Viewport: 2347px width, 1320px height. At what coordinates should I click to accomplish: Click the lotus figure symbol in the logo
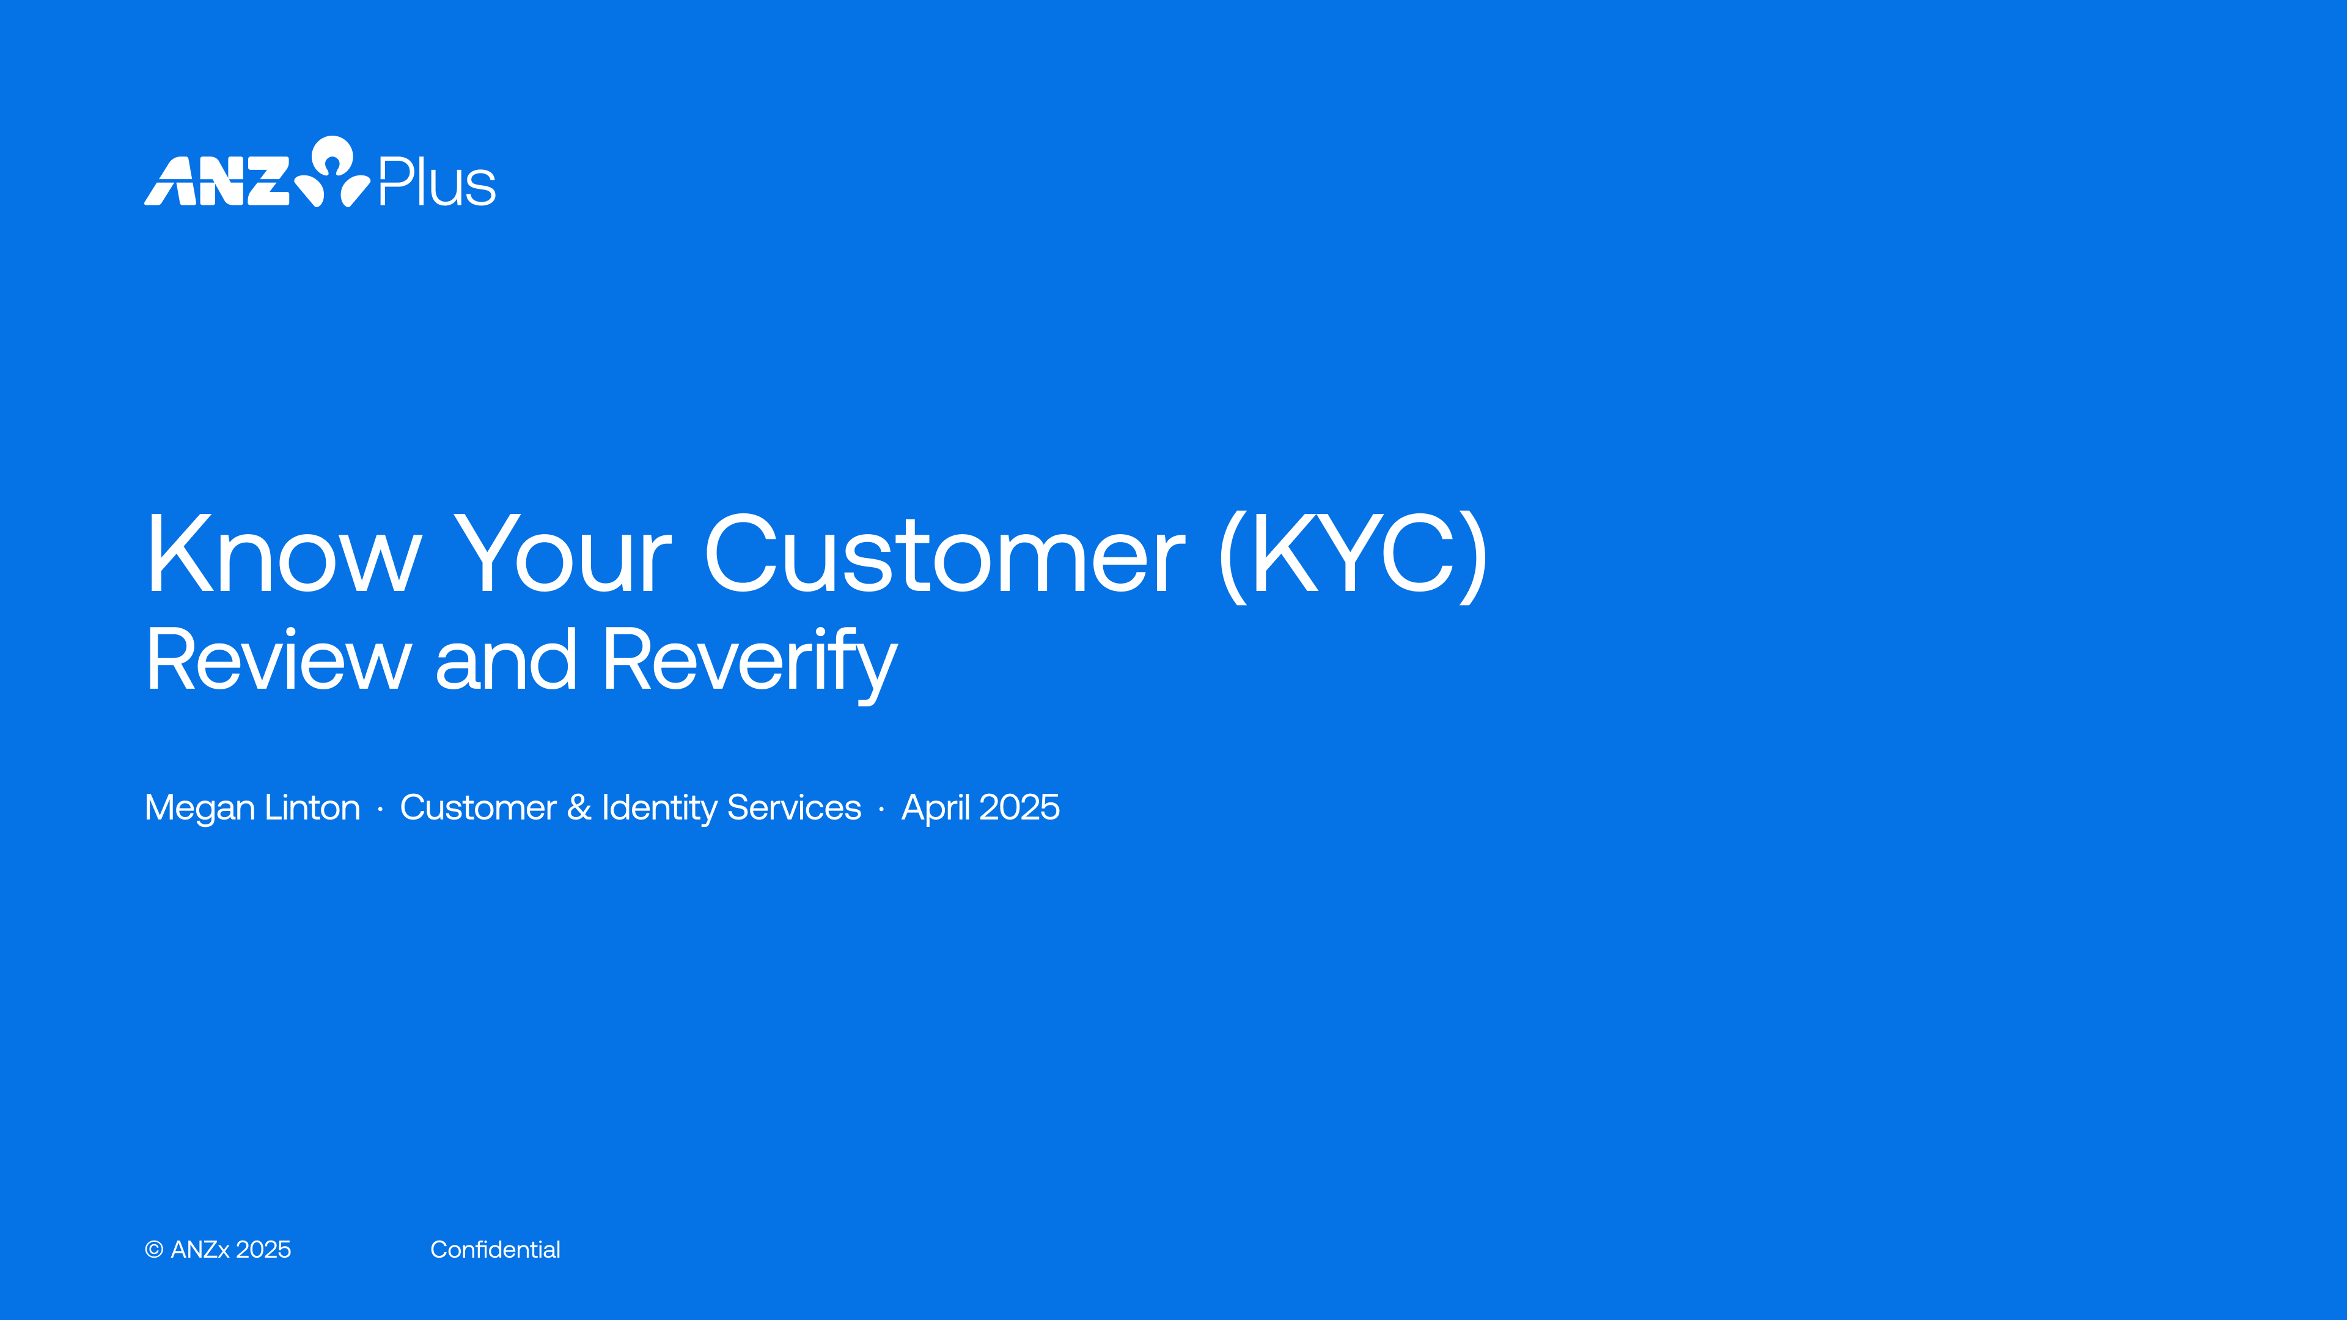click(332, 171)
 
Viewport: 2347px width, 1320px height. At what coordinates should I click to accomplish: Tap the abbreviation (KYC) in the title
click(1353, 555)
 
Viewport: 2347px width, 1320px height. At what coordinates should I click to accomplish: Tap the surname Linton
click(312, 807)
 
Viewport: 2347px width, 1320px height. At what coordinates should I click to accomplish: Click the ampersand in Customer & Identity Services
click(579, 807)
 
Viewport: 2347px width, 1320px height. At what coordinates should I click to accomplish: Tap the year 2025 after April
click(1019, 807)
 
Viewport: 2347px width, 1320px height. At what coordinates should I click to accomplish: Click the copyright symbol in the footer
click(154, 1250)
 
